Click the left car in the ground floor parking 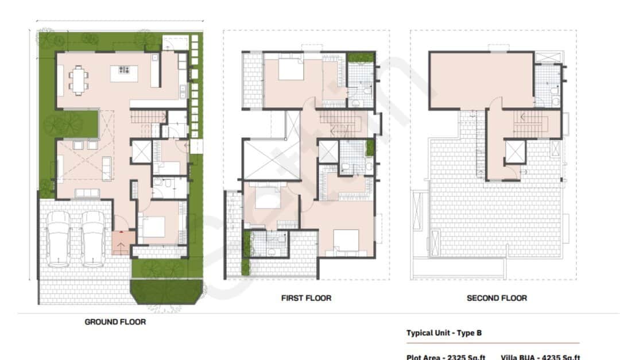click(x=59, y=238)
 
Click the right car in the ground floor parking click(x=94, y=238)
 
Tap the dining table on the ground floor click(x=79, y=80)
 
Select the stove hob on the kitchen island click(x=125, y=70)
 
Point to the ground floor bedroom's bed click(x=153, y=227)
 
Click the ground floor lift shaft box click(x=141, y=152)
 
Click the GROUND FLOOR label click(x=115, y=322)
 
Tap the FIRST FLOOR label click(x=306, y=298)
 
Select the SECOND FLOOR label click(x=497, y=298)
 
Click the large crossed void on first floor click(x=264, y=159)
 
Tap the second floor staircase click(x=527, y=123)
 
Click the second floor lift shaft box click(x=514, y=152)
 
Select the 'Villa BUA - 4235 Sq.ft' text click(x=540, y=357)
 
